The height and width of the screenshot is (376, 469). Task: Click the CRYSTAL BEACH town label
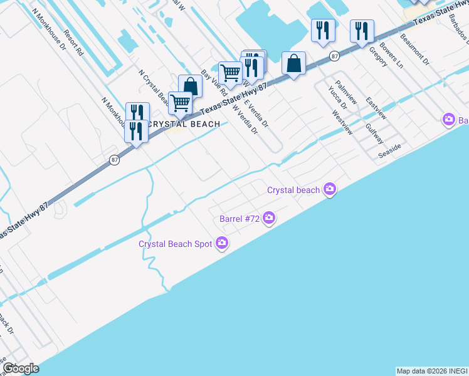tap(183, 124)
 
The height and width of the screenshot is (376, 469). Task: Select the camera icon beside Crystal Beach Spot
tap(221, 243)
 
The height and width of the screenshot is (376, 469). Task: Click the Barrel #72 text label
tap(239, 219)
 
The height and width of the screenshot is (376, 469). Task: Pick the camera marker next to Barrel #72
tap(269, 218)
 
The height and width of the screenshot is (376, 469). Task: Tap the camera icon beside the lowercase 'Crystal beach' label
tap(330, 189)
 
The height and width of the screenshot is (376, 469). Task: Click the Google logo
tap(21, 368)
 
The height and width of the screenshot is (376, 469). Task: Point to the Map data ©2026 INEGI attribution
tap(432, 371)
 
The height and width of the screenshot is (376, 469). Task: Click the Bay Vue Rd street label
tap(209, 83)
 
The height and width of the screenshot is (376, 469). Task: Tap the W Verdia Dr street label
tap(245, 120)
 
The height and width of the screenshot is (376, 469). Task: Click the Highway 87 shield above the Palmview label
tap(335, 56)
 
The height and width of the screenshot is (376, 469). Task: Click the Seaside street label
tap(389, 151)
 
